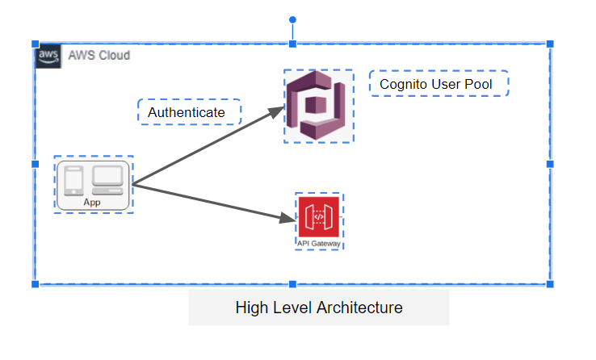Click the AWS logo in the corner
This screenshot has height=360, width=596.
pos(48,57)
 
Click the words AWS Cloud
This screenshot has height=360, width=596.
pos(99,56)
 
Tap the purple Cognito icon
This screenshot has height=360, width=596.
pos(319,106)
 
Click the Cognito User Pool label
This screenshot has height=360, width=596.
pos(435,84)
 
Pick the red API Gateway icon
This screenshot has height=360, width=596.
pos(318,217)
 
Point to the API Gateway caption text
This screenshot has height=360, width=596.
pos(318,243)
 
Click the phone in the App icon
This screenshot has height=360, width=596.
pos(73,179)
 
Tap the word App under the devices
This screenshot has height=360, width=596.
pos(92,203)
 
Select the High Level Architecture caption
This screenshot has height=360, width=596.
pos(318,308)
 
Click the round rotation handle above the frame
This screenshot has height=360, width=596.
pos(292,19)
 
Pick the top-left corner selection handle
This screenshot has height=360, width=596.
pos(35,44)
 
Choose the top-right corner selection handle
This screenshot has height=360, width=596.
pos(550,44)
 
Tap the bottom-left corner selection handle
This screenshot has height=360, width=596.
pos(35,284)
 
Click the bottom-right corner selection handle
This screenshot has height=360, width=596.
pos(550,284)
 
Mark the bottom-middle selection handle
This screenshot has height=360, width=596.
pos(292,284)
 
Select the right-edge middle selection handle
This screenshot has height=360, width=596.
pos(550,164)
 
